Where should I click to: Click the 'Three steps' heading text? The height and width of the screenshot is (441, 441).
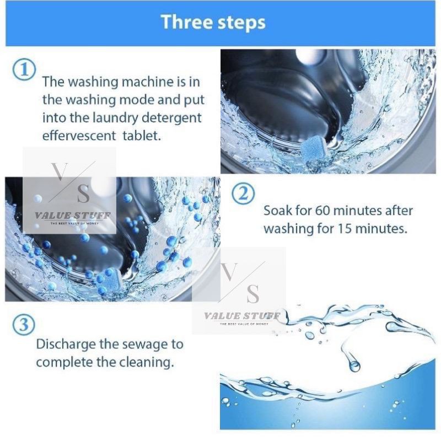click(x=213, y=22)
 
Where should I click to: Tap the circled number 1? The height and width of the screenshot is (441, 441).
click(x=24, y=69)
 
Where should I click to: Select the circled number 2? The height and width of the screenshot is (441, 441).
click(x=243, y=194)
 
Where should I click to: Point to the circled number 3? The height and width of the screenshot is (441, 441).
click(x=24, y=324)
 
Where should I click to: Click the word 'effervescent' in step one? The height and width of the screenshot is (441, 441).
click(x=79, y=136)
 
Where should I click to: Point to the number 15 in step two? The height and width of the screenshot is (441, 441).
click(x=344, y=229)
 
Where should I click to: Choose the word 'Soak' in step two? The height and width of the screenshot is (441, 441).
click(x=278, y=211)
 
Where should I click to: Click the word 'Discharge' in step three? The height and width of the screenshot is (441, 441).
click(x=66, y=345)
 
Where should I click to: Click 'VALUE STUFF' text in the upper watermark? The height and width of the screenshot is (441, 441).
click(x=73, y=216)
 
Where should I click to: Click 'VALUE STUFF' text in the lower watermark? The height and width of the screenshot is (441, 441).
click(x=242, y=316)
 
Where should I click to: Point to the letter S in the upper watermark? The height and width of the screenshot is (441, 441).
click(x=84, y=194)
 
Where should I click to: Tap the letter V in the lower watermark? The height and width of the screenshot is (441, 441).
click(x=229, y=272)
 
